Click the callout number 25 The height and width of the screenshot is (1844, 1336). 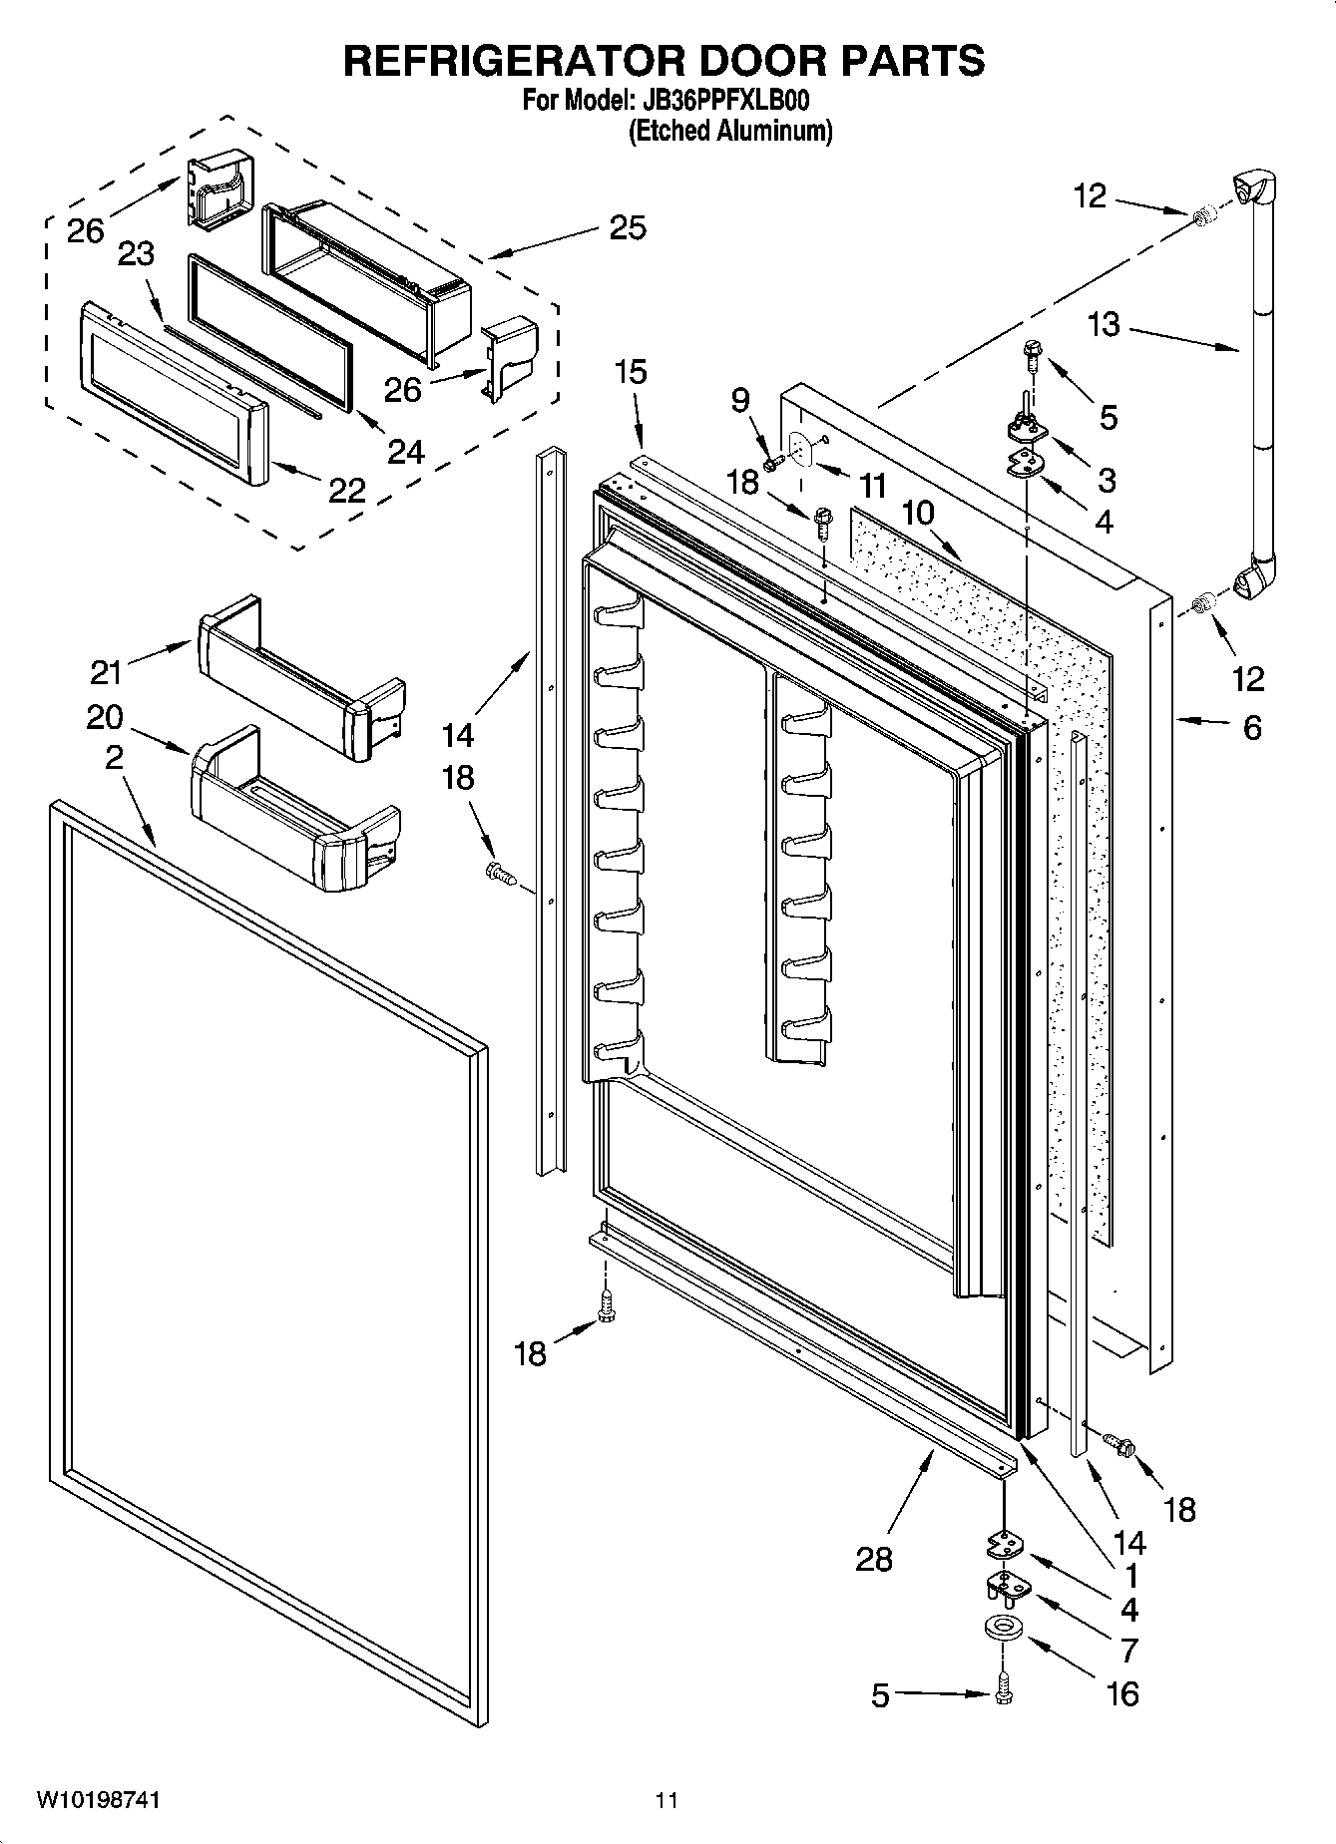point(628,227)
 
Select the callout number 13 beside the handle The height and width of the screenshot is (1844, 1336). point(1105,325)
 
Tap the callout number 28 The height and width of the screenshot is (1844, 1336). point(874,1560)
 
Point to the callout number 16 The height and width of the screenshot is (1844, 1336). point(1123,1693)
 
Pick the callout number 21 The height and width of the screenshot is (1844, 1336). point(106,672)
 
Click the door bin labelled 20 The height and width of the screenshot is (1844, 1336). point(294,813)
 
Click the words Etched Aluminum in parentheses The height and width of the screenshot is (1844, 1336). point(729,130)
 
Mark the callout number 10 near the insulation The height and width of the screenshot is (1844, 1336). point(918,514)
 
